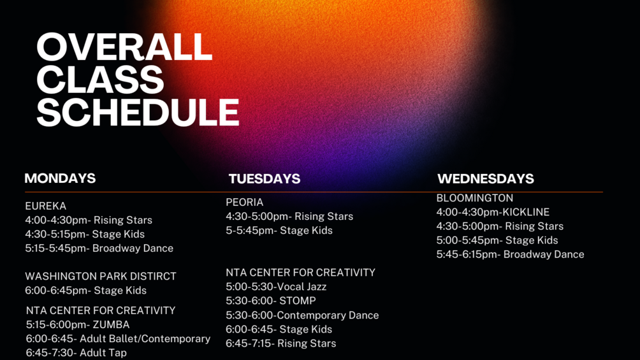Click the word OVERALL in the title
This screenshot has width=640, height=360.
(x=124, y=47)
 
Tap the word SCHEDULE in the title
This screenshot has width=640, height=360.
(x=138, y=112)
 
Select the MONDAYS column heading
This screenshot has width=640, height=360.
(x=60, y=178)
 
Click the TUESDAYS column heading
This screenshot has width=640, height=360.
(x=265, y=179)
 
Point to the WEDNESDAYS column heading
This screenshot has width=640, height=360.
(x=486, y=179)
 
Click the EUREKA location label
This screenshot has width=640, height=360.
(x=46, y=206)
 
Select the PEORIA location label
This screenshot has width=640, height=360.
(x=245, y=203)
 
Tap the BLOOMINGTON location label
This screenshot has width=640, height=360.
(x=475, y=198)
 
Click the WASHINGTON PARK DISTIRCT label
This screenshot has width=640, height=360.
(x=101, y=277)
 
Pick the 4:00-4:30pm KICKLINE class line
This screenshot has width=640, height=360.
(x=493, y=212)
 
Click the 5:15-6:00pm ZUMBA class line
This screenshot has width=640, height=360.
(x=78, y=325)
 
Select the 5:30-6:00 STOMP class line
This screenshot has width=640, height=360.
(x=271, y=301)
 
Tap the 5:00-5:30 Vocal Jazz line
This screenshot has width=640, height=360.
(x=276, y=287)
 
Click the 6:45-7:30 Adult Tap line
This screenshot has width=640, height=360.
(x=76, y=352)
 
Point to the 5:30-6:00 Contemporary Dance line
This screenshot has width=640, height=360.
(x=302, y=315)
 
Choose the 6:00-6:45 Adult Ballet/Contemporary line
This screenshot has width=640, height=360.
(x=119, y=339)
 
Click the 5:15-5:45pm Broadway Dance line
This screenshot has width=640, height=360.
(x=99, y=248)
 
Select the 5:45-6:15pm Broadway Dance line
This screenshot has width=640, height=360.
(x=510, y=255)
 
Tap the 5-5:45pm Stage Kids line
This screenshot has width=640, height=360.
(x=279, y=231)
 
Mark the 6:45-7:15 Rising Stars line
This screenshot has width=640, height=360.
(x=281, y=343)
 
